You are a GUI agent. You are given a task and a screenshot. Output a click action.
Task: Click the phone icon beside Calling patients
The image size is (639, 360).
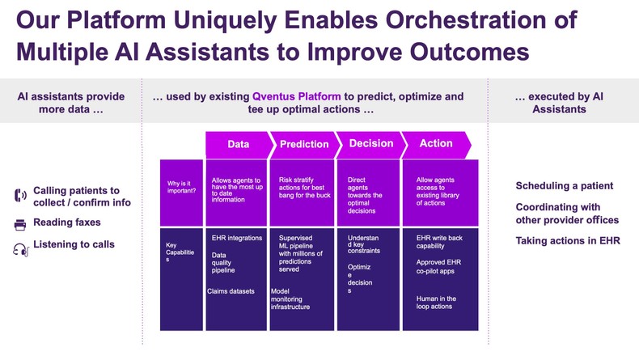[x=21, y=196]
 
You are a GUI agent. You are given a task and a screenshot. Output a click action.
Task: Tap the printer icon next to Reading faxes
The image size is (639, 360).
[x=21, y=224]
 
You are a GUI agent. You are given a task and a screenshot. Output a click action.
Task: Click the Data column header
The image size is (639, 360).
[x=238, y=144]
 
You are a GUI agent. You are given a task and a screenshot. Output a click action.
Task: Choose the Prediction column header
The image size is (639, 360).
[x=304, y=144]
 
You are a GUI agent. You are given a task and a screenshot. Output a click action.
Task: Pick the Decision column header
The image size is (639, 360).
[x=370, y=144]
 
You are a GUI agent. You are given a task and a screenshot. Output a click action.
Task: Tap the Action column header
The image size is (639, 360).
[x=436, y=144]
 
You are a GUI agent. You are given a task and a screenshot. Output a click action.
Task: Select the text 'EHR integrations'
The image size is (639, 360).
[x=236, y=239]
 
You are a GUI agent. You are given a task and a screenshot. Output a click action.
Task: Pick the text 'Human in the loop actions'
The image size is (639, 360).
[x=437, y=303]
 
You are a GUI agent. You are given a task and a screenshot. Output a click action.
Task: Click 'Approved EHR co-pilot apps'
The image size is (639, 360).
[x=438, y=268]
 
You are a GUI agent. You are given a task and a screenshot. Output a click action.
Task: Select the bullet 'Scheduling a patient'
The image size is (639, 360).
[x=564, y=186]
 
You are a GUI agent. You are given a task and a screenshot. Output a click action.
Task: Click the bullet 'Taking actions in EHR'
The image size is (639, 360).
[x=568, y=241]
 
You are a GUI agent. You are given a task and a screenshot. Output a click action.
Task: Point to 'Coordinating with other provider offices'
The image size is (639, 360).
[x=567, y=214]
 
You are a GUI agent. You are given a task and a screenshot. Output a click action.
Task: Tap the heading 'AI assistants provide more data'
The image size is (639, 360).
[x=71, y=103]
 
